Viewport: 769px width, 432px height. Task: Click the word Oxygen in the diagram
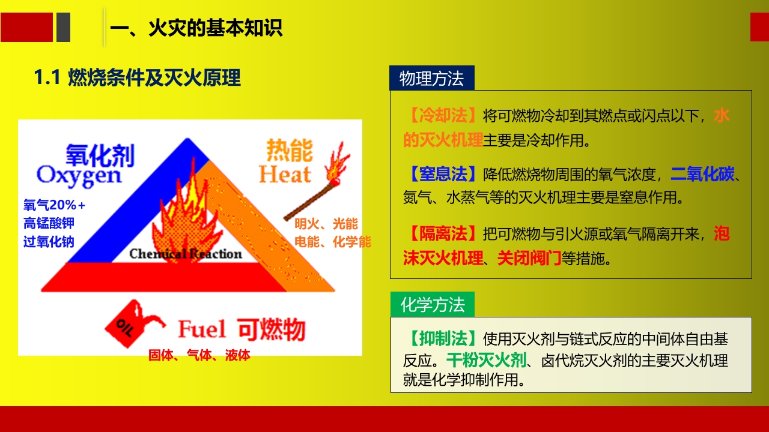pos(79,175)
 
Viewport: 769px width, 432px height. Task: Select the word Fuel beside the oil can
pos(202,329)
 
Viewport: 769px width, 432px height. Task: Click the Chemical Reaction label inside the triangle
pos(185,254)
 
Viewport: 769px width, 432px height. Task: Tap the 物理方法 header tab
pos(431,79)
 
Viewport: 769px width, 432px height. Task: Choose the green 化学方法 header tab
pos(432,305)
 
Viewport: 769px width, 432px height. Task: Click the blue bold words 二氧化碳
pos(702,175)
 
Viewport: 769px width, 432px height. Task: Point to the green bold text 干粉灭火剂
pos(486,361)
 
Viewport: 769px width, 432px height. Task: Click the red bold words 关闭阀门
pos(529,259)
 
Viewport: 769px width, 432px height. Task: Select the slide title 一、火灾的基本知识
pos(197,28)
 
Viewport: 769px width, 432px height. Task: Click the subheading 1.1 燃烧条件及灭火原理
pos(138,77)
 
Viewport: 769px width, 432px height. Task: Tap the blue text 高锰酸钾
pos(49,223)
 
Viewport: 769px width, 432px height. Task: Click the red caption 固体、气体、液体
pos(199,355)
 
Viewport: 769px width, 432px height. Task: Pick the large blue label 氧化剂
pos(100,154)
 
